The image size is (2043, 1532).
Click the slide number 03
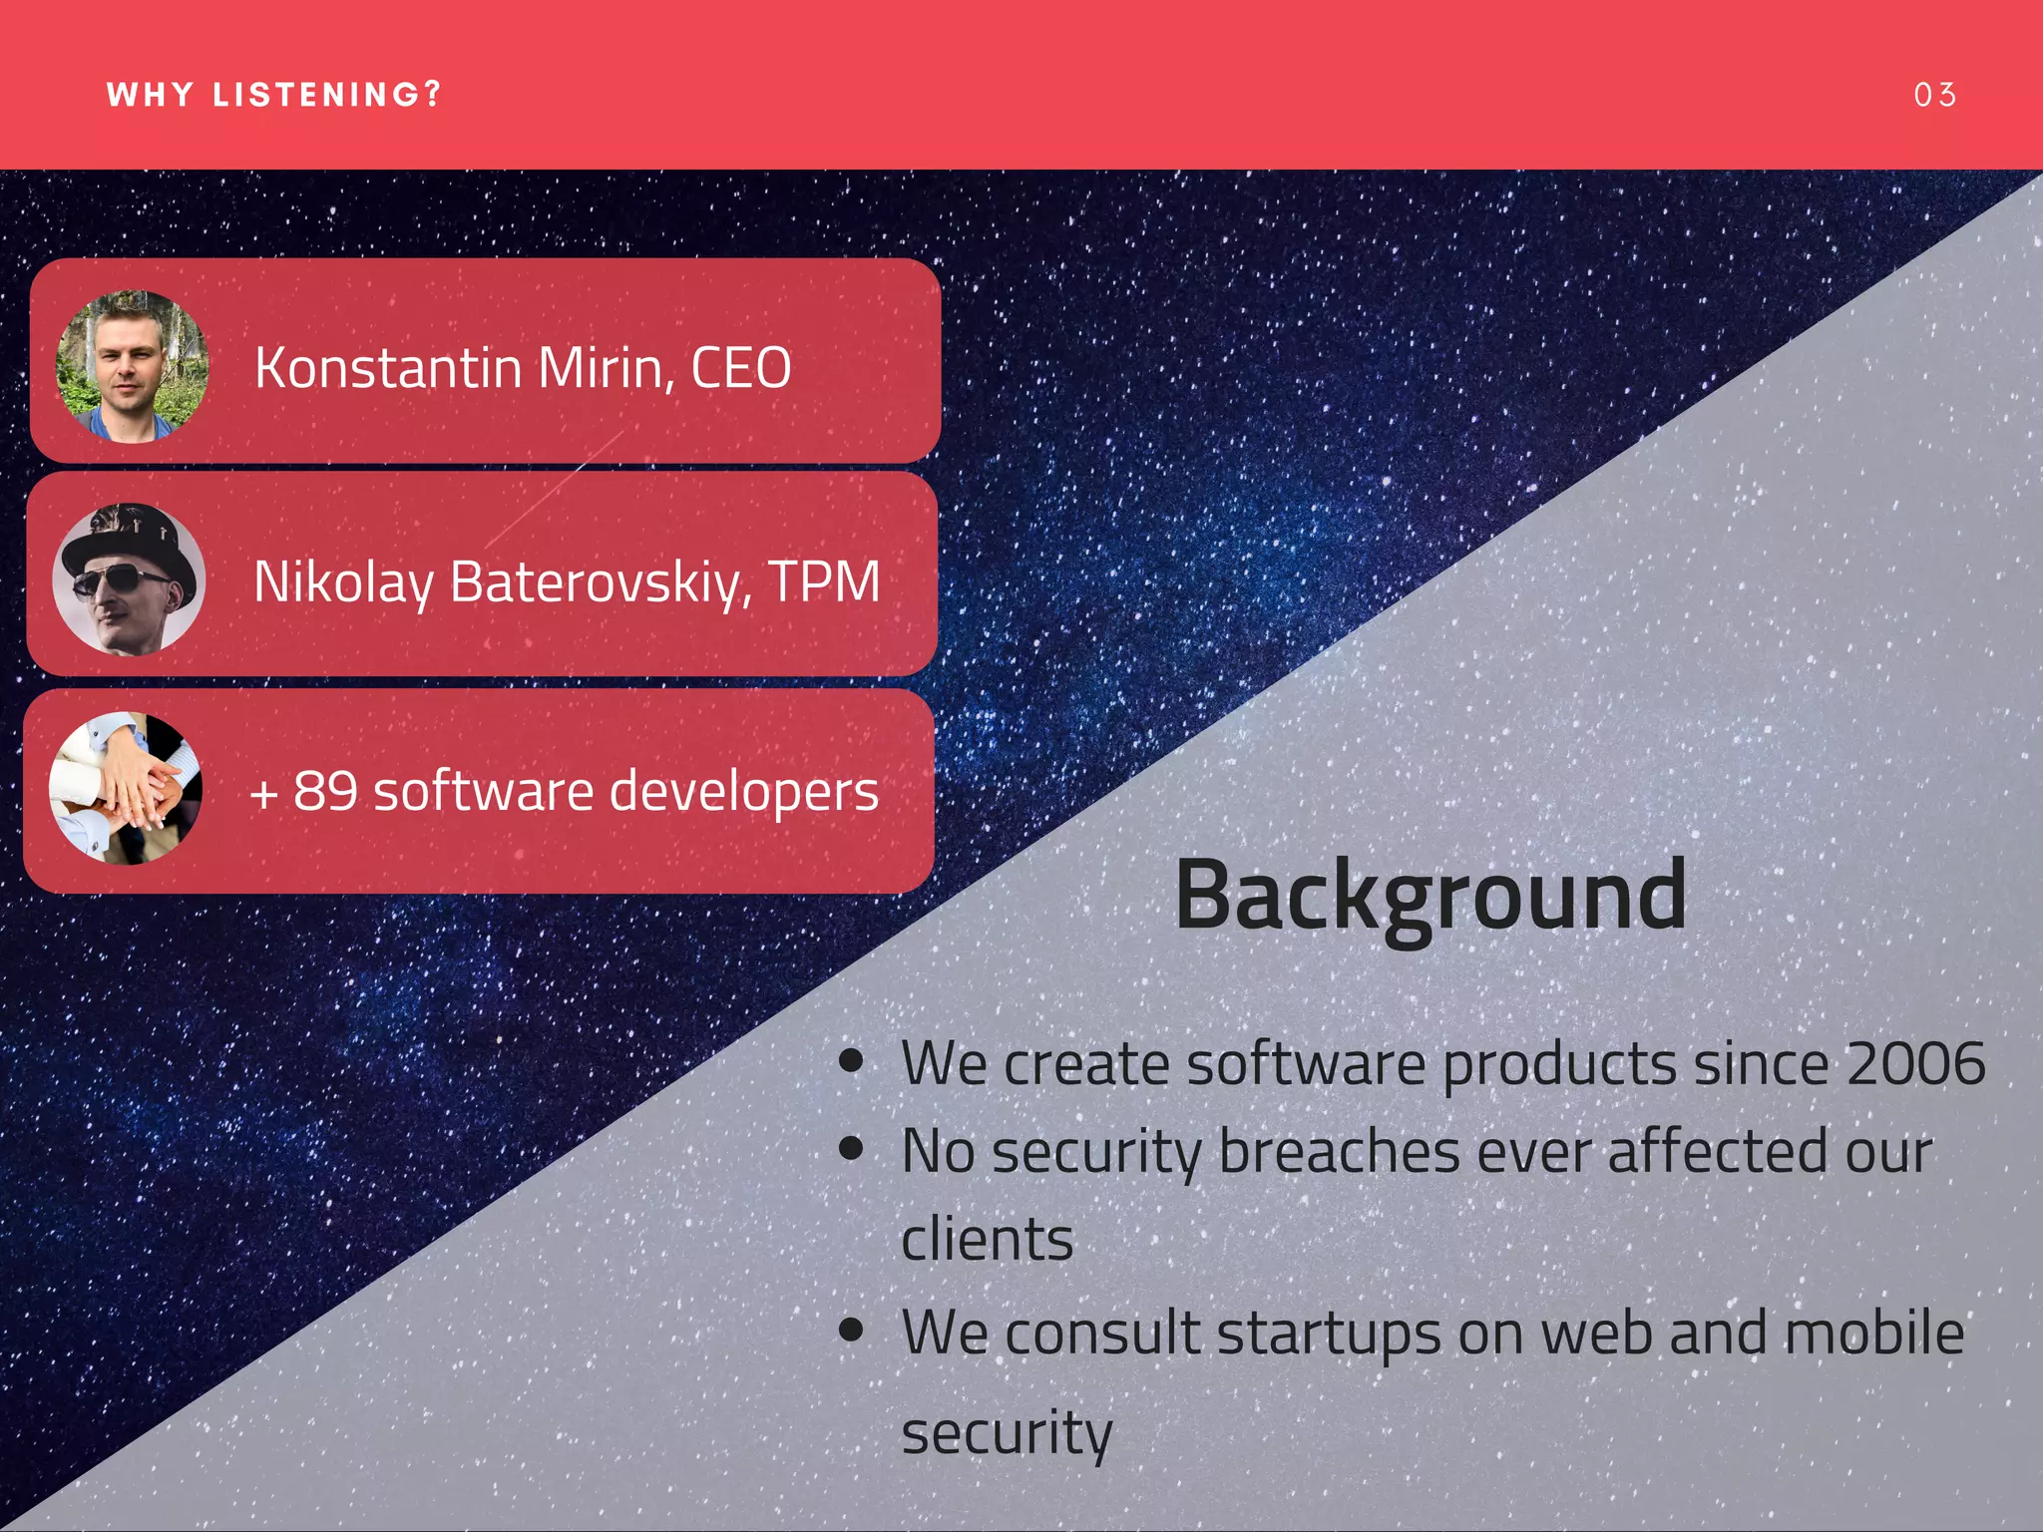[1934, 95]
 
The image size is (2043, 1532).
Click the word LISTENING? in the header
[326, 95]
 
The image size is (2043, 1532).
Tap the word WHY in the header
[150, 95]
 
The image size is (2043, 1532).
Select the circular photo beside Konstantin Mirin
[131, 366]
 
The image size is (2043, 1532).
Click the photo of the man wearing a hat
[129, 579]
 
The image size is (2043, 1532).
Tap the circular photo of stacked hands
[126, 788]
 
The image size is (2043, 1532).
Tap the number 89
[325, 791]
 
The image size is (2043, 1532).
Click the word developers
[743, 793]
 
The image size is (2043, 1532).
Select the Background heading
[1430, 896]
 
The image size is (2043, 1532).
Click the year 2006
[1915, 1063]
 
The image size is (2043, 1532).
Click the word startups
[1328, 1335]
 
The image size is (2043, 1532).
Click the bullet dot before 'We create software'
[851, 1060]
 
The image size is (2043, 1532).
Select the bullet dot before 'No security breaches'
[851, 1148]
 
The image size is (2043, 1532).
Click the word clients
[987, 1240]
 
